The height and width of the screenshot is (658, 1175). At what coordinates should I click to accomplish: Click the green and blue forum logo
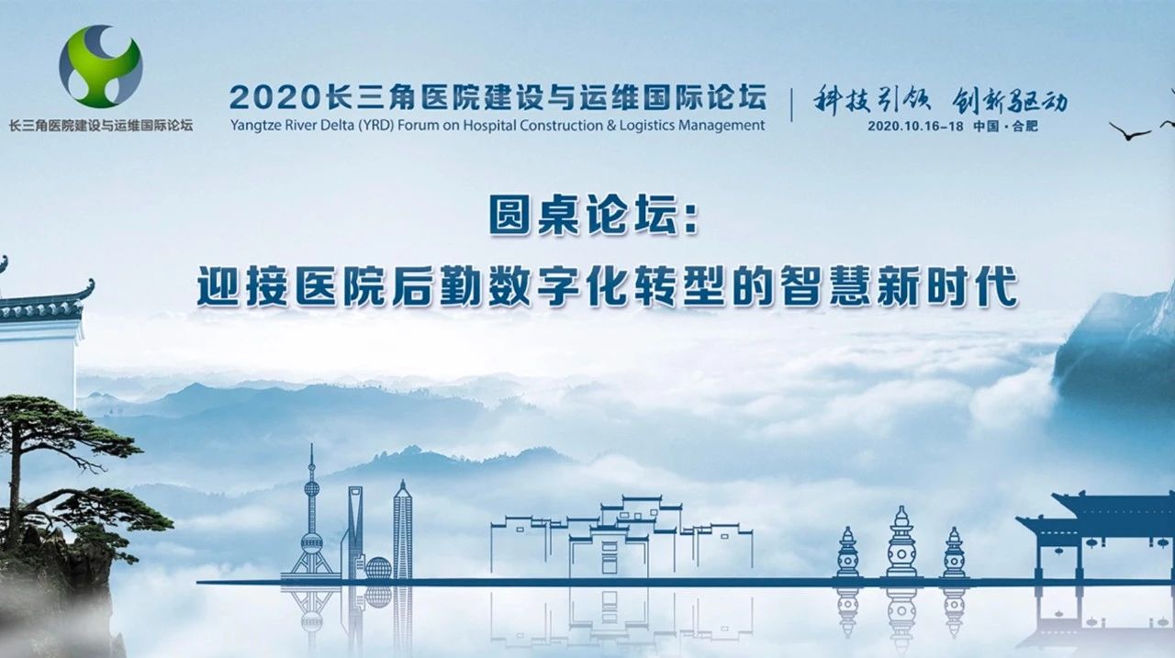click(100, 67)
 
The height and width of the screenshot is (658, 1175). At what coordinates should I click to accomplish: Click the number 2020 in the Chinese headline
click(274, 98)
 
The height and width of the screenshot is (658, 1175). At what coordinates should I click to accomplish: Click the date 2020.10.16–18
click(915, 127)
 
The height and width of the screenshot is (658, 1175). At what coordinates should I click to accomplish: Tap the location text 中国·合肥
click(1005, 127)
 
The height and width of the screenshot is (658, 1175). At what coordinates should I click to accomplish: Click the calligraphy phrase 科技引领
click(872, 100)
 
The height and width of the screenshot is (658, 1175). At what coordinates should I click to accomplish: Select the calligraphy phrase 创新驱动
click(1010, 100)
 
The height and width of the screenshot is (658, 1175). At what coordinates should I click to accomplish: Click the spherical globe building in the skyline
click(378, 568)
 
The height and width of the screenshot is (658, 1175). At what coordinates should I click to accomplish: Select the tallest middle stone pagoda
click(901, 542)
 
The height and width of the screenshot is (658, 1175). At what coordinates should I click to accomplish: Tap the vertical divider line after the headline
click(791, 105)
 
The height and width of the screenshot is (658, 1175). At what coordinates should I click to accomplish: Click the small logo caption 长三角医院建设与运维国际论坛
click(101, 126)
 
